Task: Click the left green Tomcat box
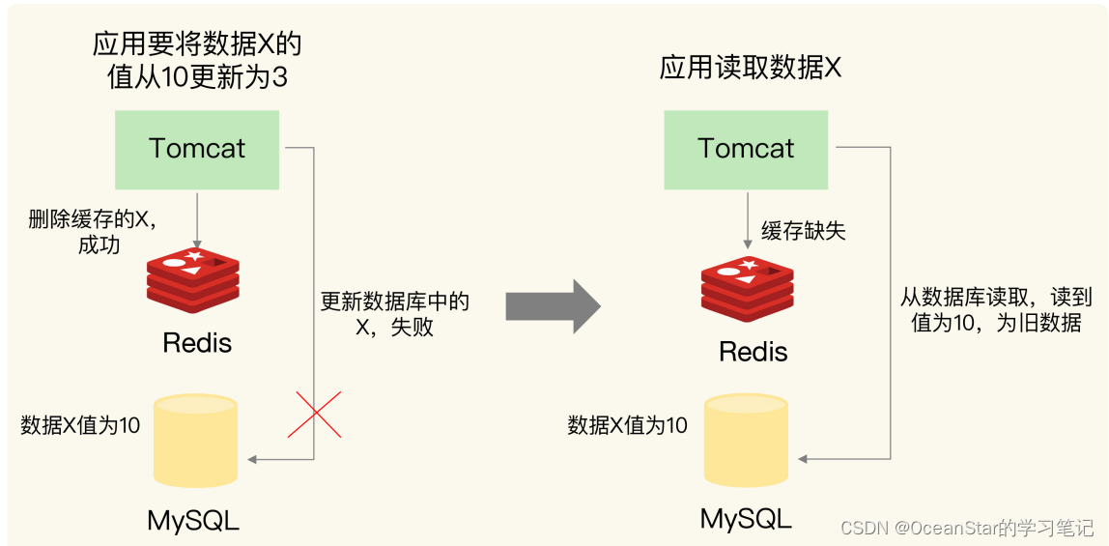(197, 149)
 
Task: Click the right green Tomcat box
(746, 149)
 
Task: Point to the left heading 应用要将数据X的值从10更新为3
(197, 60)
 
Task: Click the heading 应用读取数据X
(751, 69)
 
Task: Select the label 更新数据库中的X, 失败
(394, 314)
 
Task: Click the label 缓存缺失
(803, 230)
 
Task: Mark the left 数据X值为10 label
(80, 425)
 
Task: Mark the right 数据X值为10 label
(627, 425)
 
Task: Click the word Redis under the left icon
(197, 342)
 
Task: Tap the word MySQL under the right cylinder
(746, 518)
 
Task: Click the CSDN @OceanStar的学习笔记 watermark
(966, 528)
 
